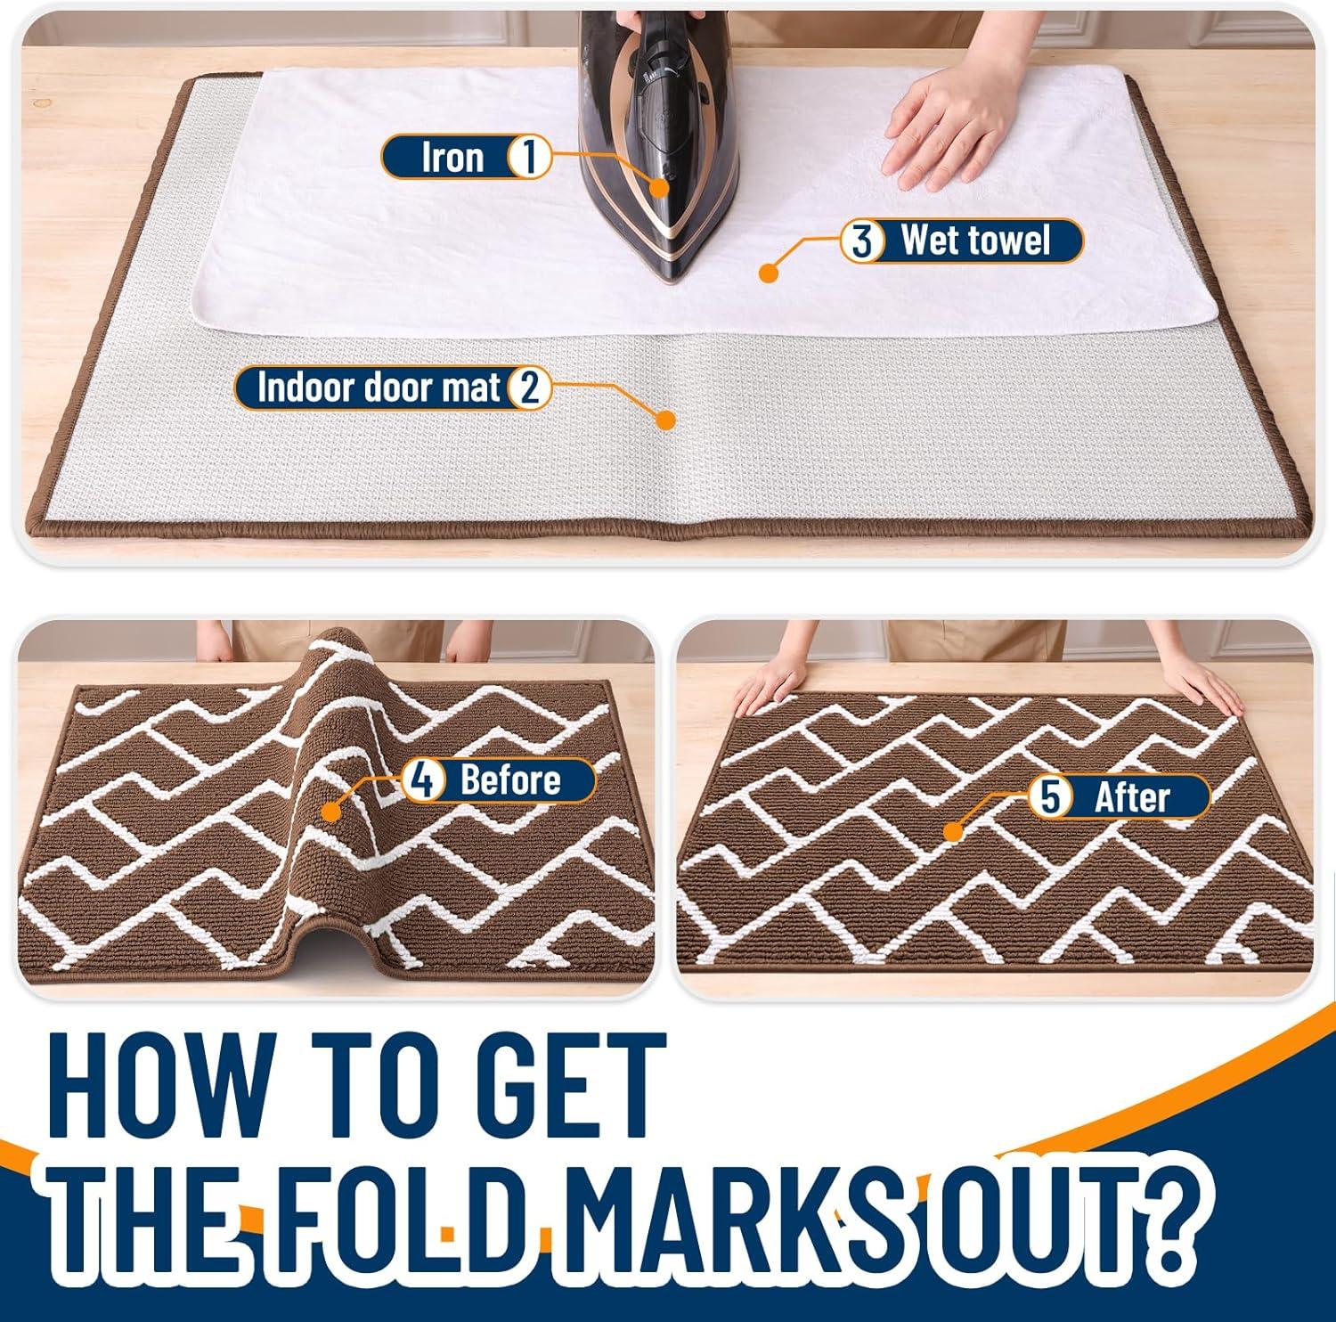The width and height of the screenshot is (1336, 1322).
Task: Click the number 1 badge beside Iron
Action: (528, 158)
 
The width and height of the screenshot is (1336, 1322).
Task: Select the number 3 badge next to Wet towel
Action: (861, 241)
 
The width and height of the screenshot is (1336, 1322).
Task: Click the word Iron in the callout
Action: (452, 158)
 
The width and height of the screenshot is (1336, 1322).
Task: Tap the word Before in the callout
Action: (510, 780)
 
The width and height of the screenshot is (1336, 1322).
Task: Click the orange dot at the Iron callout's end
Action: (659, 186)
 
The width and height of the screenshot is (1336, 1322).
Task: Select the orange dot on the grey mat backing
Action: (664, 420)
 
